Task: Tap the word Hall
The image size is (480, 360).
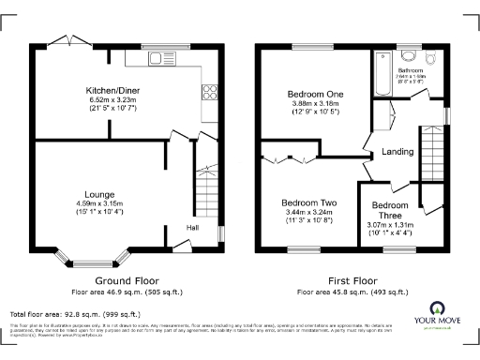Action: (x=192, y=227)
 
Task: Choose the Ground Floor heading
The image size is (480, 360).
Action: (x=127, y=280)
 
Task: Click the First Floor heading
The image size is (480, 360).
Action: (x=352, y=280)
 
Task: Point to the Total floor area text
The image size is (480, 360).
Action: (x=75, y=314)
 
